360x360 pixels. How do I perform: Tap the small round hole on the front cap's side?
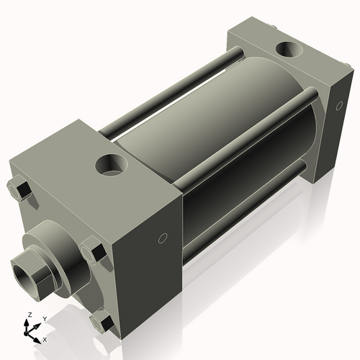point(163,238)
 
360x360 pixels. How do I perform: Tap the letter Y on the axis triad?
point(44,318)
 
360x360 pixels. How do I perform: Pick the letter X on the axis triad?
point(45,338)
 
